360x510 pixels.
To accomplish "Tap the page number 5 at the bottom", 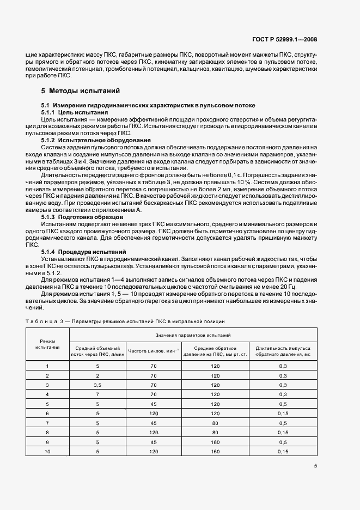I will [x=315, y=466].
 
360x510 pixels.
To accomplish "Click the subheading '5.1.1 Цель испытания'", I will [x=75, y=112].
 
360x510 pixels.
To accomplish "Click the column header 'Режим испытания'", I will [x=48, y=343].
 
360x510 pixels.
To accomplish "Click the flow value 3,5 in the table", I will [x=97, y=385].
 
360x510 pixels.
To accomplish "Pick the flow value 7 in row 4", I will [x=97, y=394].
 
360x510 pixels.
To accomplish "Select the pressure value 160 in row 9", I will [x=215, y=442].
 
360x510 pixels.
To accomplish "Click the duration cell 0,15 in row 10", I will [x=283, y=451].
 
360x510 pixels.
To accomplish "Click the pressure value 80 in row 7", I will [x=215, y=422].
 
